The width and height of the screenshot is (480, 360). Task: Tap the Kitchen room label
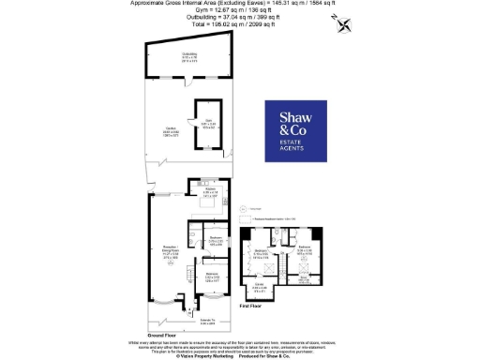211,194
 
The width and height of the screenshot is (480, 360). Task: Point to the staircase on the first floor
290,259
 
